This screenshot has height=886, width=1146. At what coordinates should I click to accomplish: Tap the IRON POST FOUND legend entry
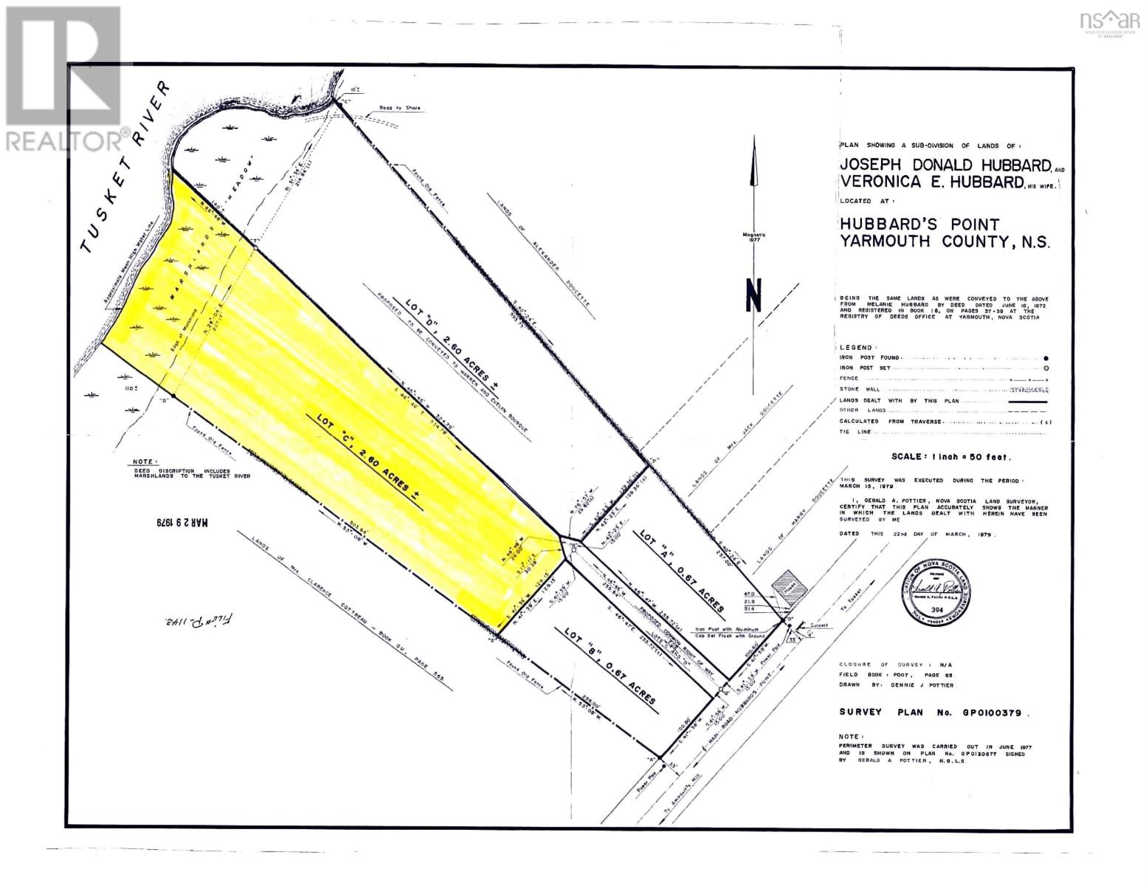tap(867, 357)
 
